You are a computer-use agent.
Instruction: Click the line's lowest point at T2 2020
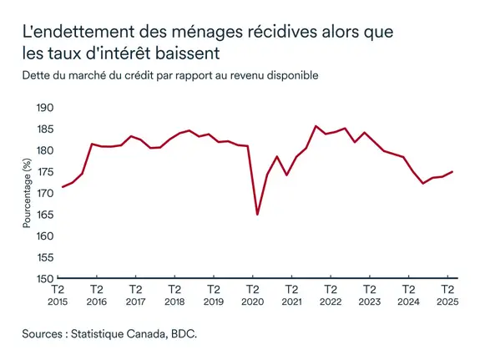tap(257, 215)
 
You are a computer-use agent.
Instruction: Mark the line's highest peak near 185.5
tap(316, 126)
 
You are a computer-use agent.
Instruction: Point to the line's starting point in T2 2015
tap(63, 187)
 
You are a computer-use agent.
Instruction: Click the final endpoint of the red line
tap(452, 171)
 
